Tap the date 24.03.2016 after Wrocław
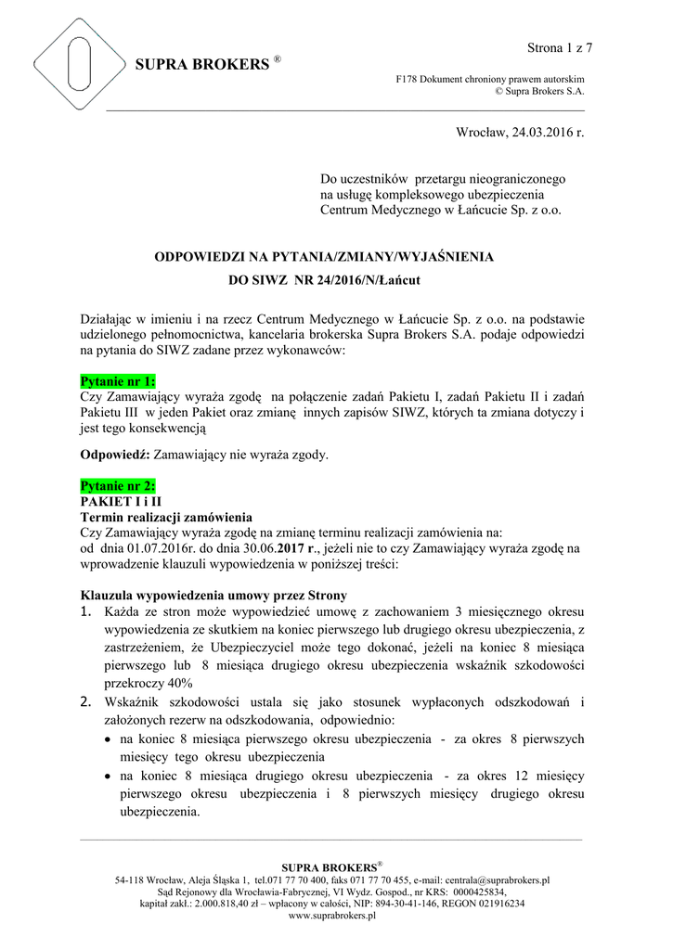[539, 135]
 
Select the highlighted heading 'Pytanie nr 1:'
[118, 381]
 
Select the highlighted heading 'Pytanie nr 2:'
[118, 486]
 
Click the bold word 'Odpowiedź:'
[114, 456]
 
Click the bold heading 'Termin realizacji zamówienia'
[165, 517]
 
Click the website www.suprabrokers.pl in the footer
[332, 915]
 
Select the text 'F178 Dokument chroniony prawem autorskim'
[491, 80]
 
